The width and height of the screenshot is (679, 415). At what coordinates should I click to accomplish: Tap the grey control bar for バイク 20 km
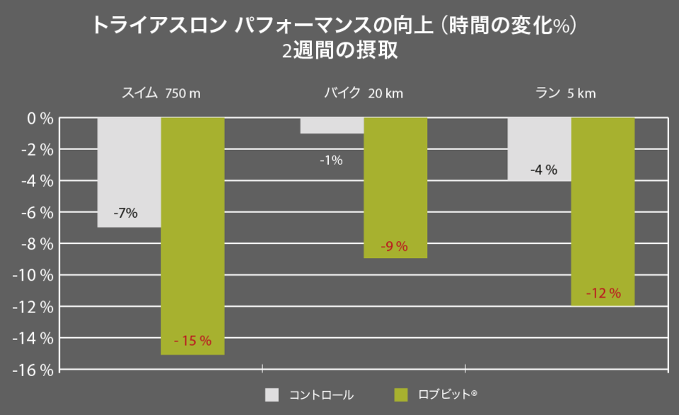click(x=332, y=126)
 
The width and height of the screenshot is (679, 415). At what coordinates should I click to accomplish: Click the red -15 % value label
click(x=192, y=341)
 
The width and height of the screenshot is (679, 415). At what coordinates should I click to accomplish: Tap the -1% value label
click(x=330, y=160)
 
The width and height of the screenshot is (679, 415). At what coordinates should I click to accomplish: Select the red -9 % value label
click(x=395, y=247)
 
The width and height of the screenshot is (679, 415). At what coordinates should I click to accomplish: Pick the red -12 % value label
click(x=603, y=293)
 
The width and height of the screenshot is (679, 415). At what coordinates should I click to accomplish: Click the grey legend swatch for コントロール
click(x=272, y=394)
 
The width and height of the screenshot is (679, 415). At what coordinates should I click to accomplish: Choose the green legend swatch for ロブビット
click(x=401, y=394)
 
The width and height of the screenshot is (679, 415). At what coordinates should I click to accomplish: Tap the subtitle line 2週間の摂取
click(x=339, y=52)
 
